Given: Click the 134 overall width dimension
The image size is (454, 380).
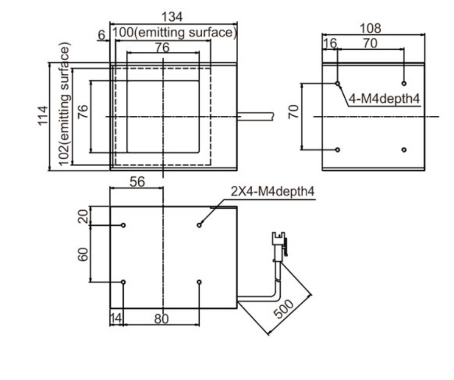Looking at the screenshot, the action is coord(172,17).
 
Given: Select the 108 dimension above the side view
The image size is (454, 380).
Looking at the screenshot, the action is coord(370,29).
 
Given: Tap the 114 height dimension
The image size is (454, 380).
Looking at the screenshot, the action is coord(43,116).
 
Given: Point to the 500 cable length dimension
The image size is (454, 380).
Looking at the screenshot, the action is coord(284,309).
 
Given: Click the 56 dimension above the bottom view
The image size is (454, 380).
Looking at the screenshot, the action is coord(137,182).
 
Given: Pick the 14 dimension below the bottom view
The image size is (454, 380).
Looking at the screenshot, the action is coord(116,318).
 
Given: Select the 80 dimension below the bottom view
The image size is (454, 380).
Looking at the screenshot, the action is coord(161,319).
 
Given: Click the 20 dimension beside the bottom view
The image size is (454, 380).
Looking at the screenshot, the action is coord(83,216).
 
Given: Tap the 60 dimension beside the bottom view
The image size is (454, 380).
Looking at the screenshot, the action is coord(83,254).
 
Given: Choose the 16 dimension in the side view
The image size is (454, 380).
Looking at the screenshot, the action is coord(330,43).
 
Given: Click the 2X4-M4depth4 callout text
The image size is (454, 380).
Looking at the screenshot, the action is coord(273,192).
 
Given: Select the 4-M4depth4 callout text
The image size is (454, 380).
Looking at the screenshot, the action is coord(384,99).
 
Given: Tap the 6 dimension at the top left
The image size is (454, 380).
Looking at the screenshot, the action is coord(101,35).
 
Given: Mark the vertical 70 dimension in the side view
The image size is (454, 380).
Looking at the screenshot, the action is coord(293,112).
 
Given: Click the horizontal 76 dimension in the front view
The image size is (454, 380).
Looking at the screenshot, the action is coord(162,47).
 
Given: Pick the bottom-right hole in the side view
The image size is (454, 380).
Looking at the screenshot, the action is coord(404,150).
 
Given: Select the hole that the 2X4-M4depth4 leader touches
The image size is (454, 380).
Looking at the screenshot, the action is coord(199,225).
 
